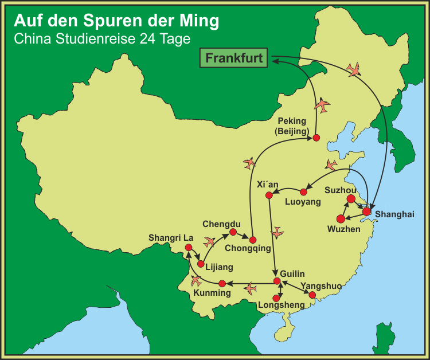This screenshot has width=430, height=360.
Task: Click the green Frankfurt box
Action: tap(234, 58)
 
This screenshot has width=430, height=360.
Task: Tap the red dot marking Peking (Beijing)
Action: tap(315, 138)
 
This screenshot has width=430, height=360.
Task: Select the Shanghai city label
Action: tap(394, 214)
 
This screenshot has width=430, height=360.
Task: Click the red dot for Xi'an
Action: tap(268, 196)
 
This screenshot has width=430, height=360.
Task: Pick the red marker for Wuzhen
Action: tap(341, 218)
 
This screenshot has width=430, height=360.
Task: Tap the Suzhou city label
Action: tap(341, 190)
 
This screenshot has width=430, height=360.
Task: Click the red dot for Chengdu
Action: tap(233, 232)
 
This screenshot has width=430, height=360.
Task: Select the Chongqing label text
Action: tap(247, 248)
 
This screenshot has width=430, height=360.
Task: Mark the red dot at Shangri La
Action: tap(188, 248)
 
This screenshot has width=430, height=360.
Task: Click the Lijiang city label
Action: tap(219, 267)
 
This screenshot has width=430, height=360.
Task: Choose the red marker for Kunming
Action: tap(222, 283)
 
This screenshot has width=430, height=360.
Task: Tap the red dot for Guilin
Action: tap(277, 281)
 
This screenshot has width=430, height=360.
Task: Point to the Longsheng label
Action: tap(282, 305)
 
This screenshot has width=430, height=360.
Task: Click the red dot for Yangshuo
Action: tap(312, 295)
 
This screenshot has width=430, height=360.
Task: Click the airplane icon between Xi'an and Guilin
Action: tap(277, 232)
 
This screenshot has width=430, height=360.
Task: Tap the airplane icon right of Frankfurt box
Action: tap(355, 70)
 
